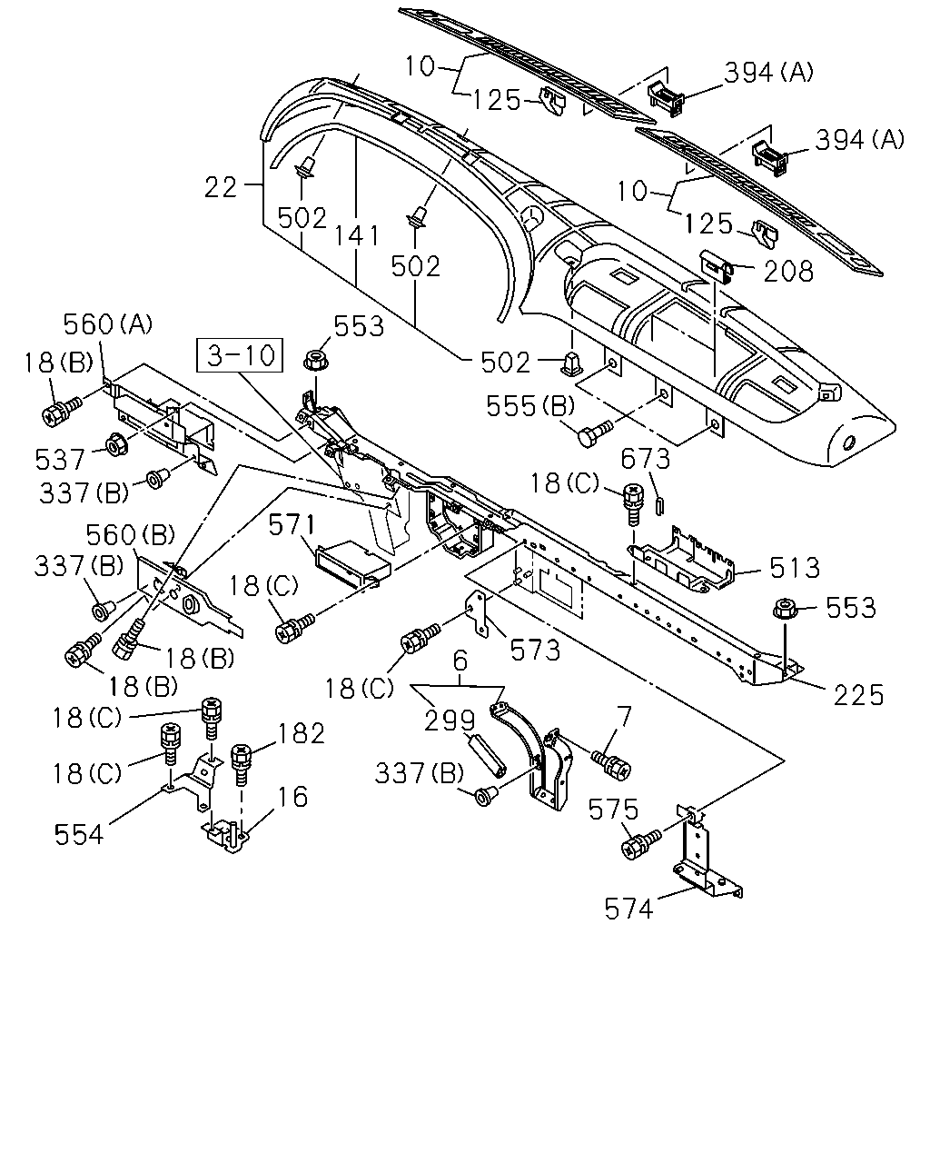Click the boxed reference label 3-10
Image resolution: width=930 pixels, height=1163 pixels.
coord(240,355)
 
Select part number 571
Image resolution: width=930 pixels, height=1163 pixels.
coord(292,525)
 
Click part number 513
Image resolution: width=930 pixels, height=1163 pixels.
coord(795,568)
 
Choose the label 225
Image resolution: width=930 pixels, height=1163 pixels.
coord(858,695)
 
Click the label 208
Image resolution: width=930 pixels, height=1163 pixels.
coord(788,271)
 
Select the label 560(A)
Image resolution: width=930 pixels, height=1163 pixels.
coord(108,324)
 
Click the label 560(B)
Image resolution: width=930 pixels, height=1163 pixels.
coord(130,535)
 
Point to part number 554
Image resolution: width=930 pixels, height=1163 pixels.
coord(78,834)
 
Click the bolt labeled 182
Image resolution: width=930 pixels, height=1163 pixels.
coord(241,764)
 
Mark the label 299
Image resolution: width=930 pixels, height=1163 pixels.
coord(450,721)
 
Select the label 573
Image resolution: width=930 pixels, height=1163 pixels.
coord(535,651)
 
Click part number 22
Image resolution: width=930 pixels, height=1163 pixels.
coord(221,187)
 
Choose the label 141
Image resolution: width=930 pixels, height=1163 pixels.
coord(357,235)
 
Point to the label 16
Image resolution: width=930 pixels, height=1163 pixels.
coord(292,797)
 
